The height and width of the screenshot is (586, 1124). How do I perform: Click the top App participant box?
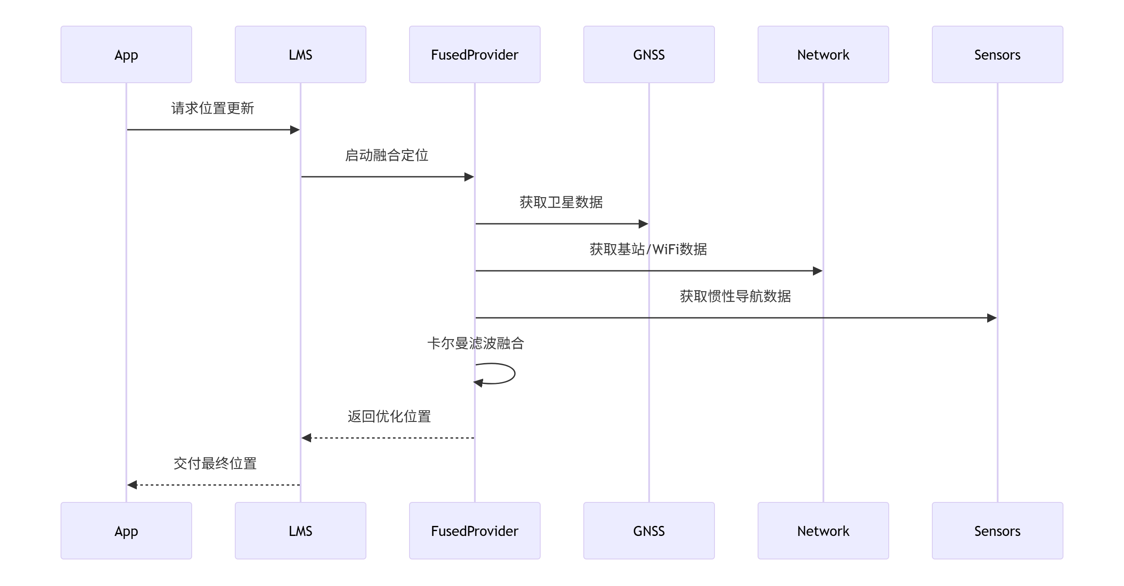(x=126, y=54)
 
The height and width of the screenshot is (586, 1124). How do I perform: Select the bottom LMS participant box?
(x=300, y=531)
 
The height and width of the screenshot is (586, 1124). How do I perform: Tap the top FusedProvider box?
(x=474, y=54)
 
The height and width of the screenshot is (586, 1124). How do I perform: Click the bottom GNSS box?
(x=649, y=531)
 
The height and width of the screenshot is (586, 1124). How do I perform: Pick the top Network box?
(x=823, y=54)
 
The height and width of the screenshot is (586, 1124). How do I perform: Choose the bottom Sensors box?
(x=997, y=531)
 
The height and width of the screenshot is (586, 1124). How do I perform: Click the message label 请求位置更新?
(x=213, y=108)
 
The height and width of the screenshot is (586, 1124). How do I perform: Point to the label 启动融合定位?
(x=386, y=155)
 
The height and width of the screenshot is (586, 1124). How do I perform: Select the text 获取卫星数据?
(x=561, y=202)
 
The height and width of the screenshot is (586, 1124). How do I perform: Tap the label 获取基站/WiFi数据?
(x=648, y=249)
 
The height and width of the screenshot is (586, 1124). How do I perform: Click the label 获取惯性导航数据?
(x=735, y=296)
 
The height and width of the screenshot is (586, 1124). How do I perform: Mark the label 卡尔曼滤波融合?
(x=476, y=344)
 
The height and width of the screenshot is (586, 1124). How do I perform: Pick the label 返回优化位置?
(x=389, y=416)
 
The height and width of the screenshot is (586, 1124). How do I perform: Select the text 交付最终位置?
(x=215, y=464)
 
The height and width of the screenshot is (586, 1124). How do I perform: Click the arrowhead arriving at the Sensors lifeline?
(x=992, y=318)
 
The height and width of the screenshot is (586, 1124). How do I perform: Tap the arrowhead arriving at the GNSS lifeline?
(x=643, y=224)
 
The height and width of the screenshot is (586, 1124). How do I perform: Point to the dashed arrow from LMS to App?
(x=214, y=485)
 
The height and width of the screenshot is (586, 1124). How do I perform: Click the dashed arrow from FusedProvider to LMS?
(x=388, y=438)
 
